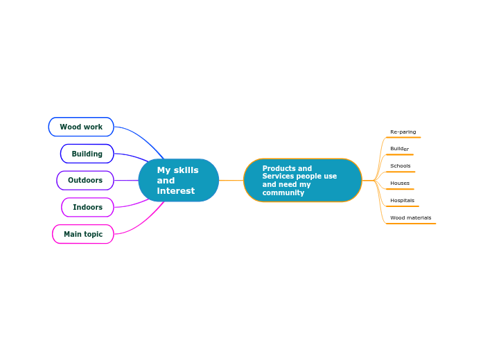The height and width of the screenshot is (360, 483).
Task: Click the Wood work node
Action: pos(81,127)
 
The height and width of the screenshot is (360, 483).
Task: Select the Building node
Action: pos(87,154)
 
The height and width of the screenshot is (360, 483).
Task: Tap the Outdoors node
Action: pos(85,180)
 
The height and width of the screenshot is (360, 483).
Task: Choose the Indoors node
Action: pos(87,207)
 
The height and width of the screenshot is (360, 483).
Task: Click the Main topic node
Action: pos(82,234)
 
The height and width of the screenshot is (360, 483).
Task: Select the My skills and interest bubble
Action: pos(178,180)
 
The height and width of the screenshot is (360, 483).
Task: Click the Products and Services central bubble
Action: pos(302,180)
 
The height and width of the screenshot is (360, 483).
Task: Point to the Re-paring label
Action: pos(403,132)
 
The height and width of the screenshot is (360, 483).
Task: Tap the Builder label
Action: pos(399,149)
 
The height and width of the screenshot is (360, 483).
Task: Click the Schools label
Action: pos(400,166)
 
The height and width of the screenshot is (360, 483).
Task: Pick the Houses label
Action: pos(399,183)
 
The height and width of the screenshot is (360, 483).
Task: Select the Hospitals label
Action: pos(402,201)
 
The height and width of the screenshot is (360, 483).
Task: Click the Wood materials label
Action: pos(410,218)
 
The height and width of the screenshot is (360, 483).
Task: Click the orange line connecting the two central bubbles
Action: pos(231,180)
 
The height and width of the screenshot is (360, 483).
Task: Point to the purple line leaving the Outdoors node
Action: pos(125,180)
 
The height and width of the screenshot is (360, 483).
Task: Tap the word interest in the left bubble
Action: pos(175,191)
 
